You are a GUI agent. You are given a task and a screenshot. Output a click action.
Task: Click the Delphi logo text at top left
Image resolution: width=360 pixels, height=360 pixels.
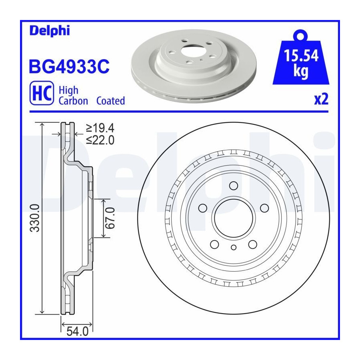[x=50, y=31]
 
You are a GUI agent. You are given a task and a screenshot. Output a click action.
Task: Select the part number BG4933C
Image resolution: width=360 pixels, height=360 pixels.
[x=69, y=66]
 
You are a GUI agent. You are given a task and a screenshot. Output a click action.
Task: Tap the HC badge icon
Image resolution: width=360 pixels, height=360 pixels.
[x=42, y=93]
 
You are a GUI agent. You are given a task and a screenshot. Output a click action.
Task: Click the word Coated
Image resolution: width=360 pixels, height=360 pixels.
[x=110, y=101]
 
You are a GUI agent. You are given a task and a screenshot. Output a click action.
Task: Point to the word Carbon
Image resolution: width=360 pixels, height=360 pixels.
[x=73, y=101]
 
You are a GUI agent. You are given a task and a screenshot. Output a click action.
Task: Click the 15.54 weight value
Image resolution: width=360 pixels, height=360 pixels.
[x=301, y=56]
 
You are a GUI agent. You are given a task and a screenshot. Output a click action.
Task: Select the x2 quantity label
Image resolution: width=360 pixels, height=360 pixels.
[x=321, y=99]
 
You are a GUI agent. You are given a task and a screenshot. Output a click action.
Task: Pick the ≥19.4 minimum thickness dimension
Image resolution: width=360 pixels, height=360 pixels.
[x=100, y=128]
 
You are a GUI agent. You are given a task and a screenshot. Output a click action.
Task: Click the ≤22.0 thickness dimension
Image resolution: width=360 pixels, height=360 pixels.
[x=100, y=140]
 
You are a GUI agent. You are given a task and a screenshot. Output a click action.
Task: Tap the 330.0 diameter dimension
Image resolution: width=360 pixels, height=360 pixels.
[x=35, y=218]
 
